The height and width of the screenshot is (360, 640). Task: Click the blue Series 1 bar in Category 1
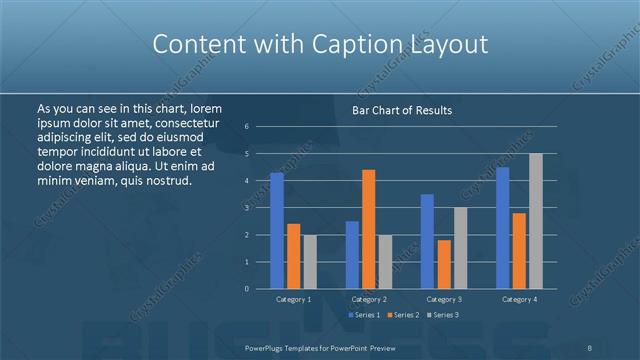277,231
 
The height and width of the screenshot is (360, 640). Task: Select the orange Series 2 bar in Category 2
368,229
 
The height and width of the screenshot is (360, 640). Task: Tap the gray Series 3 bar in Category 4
535,221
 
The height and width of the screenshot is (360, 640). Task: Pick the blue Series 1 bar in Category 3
427,241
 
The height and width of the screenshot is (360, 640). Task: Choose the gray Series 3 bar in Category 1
309,262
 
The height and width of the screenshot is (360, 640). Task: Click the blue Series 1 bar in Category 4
503,228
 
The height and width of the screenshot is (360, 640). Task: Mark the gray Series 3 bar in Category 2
385,262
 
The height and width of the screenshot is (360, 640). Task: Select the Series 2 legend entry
402,315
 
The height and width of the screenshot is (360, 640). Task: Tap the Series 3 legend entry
443,315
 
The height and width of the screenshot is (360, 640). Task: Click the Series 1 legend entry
361,315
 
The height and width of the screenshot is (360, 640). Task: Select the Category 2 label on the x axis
370,299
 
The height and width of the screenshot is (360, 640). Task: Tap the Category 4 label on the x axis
519,299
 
